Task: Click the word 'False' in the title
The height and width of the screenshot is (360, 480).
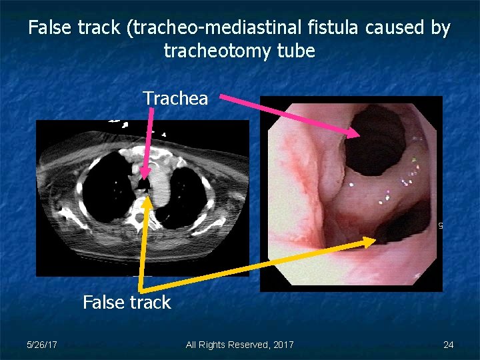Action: pos(49,29)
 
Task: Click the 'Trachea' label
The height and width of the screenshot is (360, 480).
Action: pos(175,99)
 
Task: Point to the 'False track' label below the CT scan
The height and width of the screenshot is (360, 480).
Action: pos(127,303)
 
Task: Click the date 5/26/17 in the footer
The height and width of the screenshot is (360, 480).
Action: pos(41,345)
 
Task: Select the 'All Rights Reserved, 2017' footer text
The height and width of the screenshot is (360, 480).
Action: pos(239,345)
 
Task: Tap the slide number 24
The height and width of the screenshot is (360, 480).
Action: pos(448,345)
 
